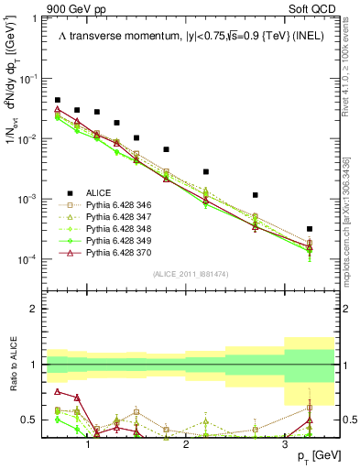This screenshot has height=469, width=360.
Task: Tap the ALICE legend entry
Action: click(x=99, y=193)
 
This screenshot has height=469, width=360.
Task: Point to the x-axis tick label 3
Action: click(x=284, y=444)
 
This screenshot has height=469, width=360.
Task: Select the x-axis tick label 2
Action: click(x=186, y=444)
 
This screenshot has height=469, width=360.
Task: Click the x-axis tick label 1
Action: click(x=88, y=444)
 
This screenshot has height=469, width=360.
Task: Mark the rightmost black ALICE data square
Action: click(x=310, y=229)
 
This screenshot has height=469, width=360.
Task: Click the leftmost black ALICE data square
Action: click(x=58, y=100)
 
